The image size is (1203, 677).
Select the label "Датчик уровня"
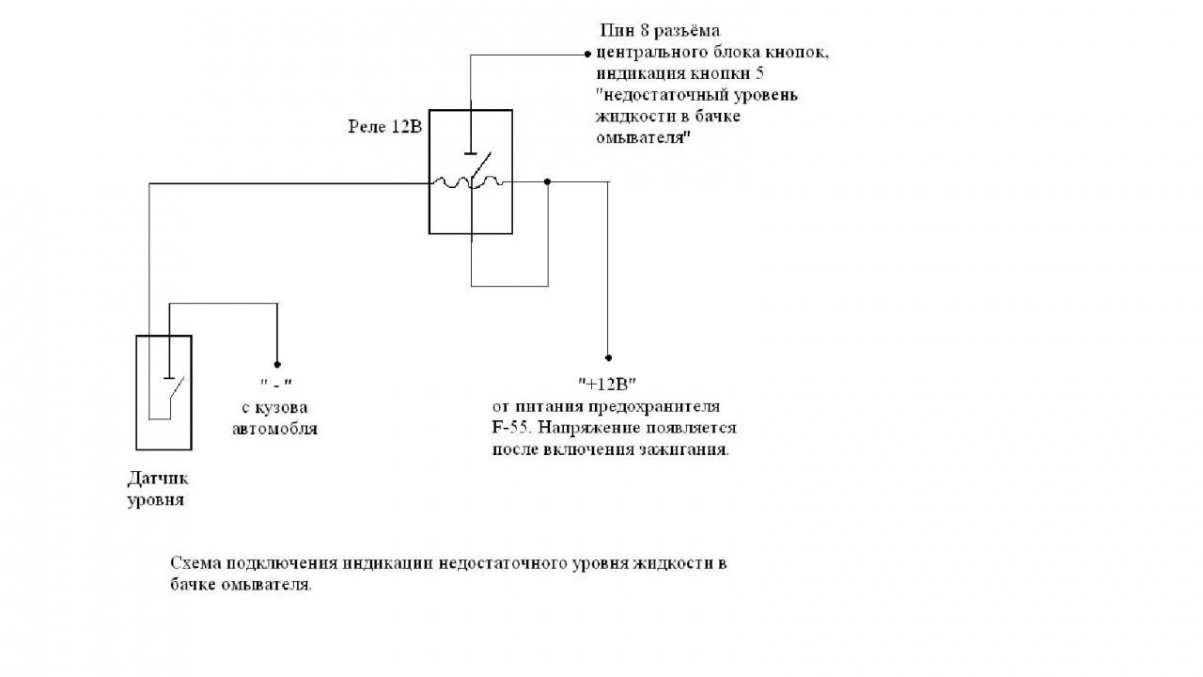pos(158,489)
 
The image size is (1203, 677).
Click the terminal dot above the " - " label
pos(277,363)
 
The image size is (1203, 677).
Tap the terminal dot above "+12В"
pos(608,357)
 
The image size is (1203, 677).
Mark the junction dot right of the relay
pos(548,182)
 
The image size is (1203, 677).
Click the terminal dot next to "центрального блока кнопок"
pos(588,54)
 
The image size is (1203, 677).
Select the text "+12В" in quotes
pos(607,384)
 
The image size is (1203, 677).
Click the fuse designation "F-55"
pos(512,428)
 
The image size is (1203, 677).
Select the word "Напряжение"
pos(582,428)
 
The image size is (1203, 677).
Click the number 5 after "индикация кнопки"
pos(759,74)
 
